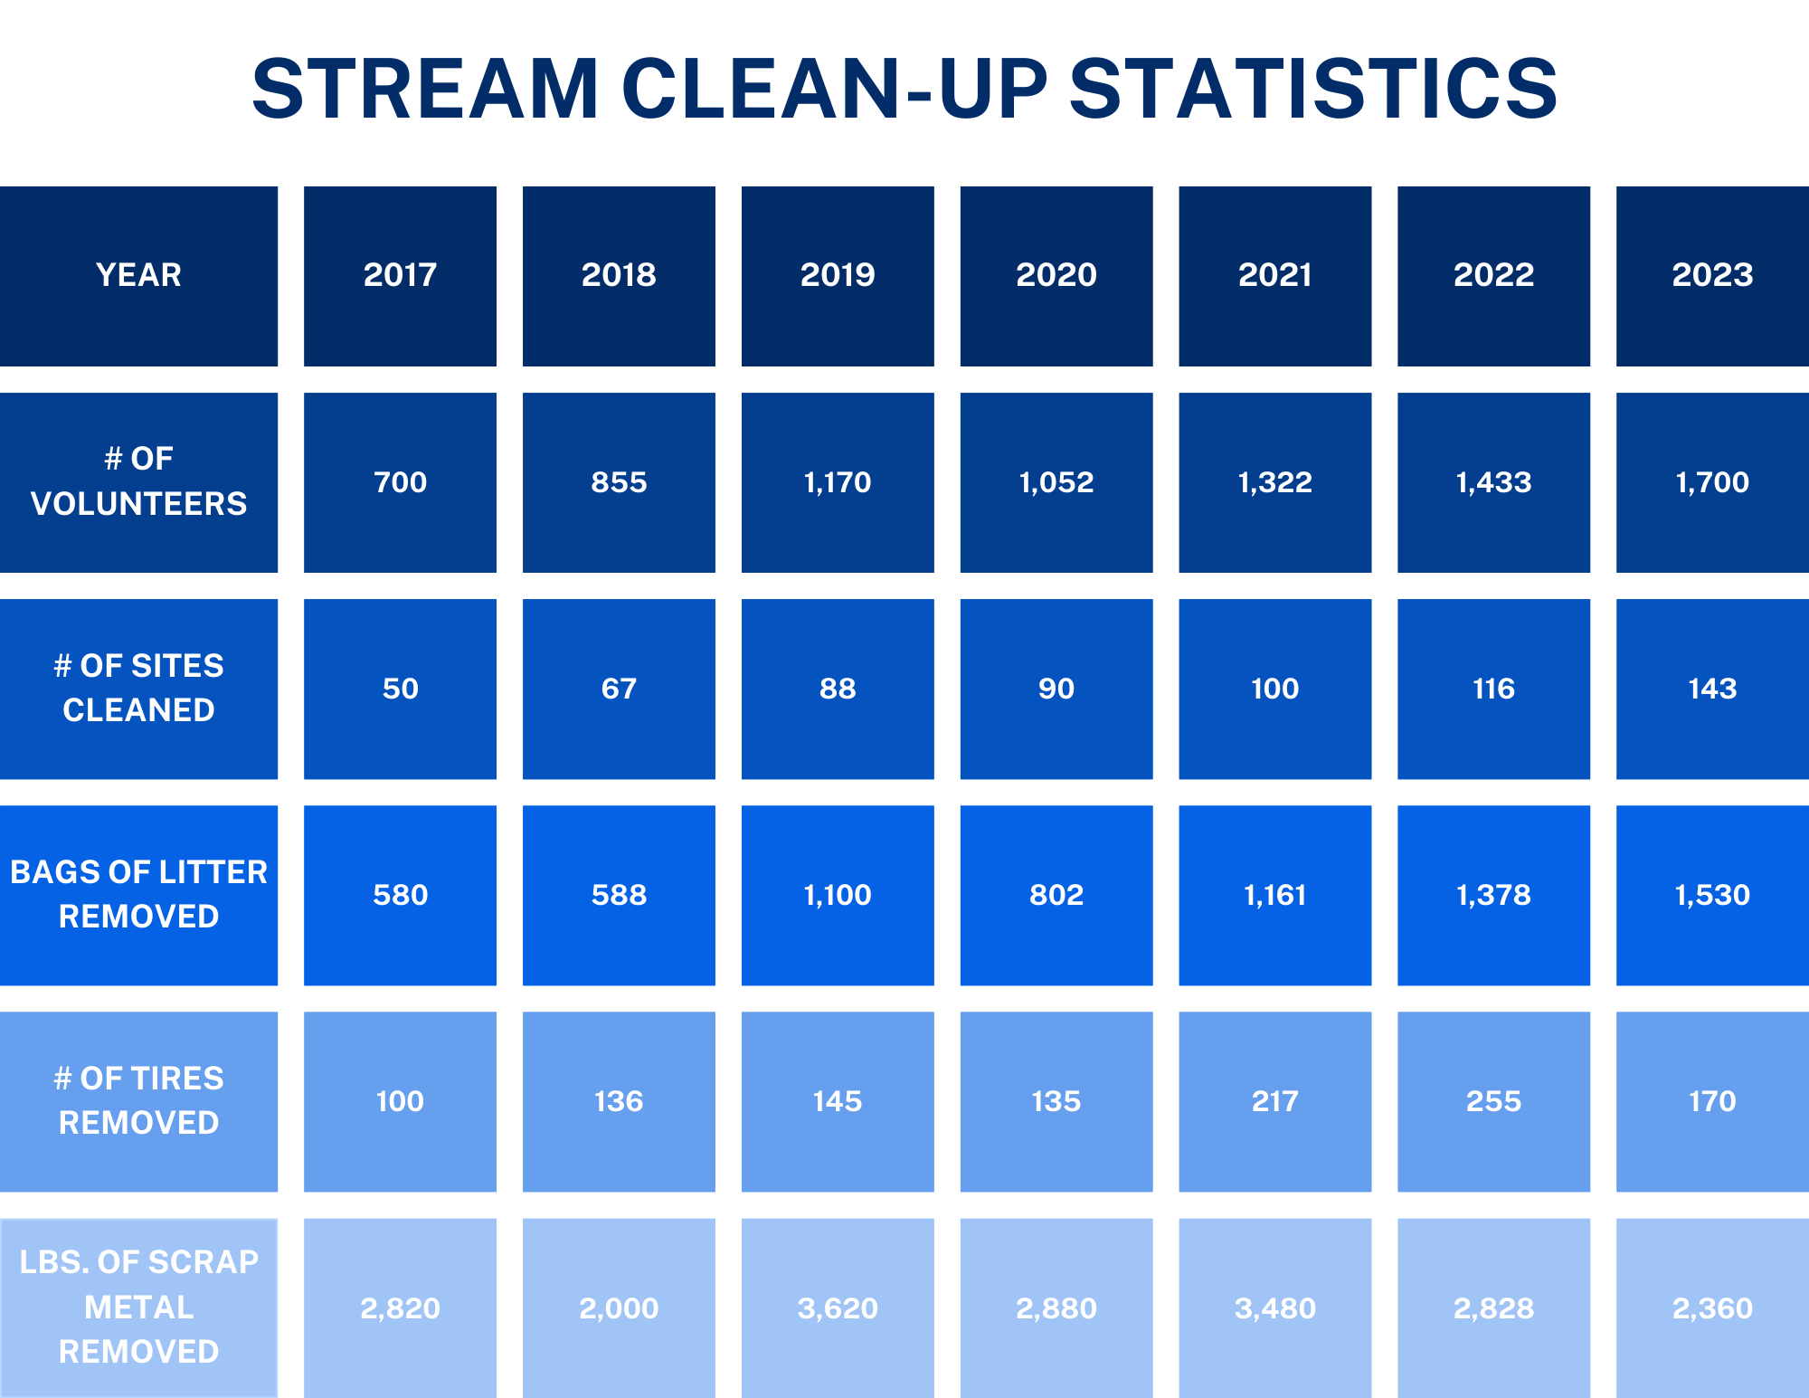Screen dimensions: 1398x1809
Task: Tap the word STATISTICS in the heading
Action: click(1313, 89)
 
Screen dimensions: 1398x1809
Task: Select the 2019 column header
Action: click(838, 275)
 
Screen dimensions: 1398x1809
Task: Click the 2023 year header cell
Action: click(1712, 275)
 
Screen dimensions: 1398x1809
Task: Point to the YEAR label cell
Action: click(138, 275)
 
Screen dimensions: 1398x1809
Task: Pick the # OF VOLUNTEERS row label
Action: click(138, 481)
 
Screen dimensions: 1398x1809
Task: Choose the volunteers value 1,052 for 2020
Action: click(1056, 482)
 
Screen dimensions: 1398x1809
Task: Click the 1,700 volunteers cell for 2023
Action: click(1712, 482)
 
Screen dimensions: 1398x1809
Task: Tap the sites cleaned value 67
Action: click(619, 689)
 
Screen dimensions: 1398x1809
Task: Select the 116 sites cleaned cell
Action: click(1493, 689)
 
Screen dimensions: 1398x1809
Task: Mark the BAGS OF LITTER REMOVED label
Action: click(138, 894)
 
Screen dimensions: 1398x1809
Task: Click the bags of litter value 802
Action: click(1056, 895)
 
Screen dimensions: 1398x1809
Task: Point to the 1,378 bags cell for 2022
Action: click(1493, 895)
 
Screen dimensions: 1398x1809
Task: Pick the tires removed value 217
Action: click(1274, 1101)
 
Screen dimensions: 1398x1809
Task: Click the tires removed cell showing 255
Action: click(1493, 1101)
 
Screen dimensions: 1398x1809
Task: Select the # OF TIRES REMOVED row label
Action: click(138, 1100)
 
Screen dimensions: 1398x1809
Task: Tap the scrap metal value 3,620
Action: click(838, 1308)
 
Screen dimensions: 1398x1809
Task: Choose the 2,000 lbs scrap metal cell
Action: click(619, 1308)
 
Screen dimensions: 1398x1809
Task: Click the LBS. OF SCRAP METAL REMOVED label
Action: click(138, 1307)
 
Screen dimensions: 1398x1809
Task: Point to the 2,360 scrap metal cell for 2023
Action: click(1712, 1308)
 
